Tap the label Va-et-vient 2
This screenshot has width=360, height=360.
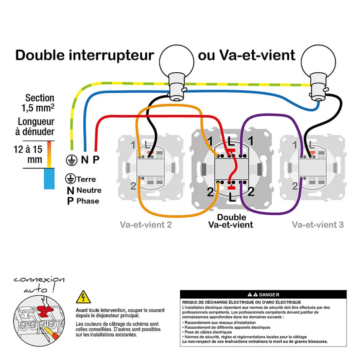[146, 224]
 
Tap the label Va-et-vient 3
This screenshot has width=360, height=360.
[318, 224]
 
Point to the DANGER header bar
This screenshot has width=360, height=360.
[263, 295]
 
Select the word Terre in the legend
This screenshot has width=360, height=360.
[86, 179]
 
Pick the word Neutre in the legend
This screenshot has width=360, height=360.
[89, 190]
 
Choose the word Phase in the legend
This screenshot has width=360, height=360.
[88, 201]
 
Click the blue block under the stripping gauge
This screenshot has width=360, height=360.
[49, 178]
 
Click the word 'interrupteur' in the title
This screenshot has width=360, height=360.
[111, 55]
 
